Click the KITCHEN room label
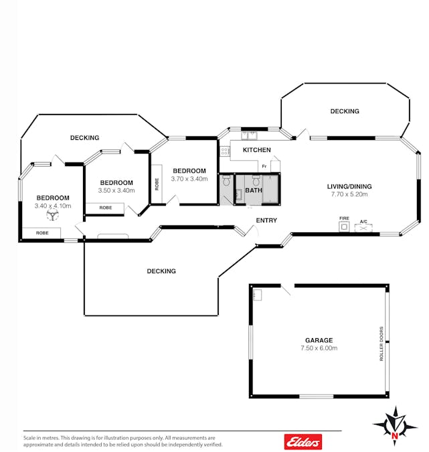click(257, 150)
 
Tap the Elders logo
click(303, 442)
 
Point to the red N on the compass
click(395, 436)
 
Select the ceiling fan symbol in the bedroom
click(52, 214)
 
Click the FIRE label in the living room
click(344, 218)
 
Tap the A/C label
click(363, 222)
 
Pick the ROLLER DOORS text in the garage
click(381, 344)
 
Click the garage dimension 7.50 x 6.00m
click(319, 348)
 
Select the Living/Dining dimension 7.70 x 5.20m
click(349, 194)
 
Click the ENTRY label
click(266, 220)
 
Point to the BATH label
click(254, 190)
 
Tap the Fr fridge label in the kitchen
click(264, 166)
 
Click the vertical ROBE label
click(157, 184)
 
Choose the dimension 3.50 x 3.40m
click(116, 191)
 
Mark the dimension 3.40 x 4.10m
click(53, 206)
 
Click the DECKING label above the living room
click(345, 111)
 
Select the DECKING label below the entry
click(161, 271)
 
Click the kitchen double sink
click(250, 135)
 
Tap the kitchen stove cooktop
click(225, 151)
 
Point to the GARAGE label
click(319, 340)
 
